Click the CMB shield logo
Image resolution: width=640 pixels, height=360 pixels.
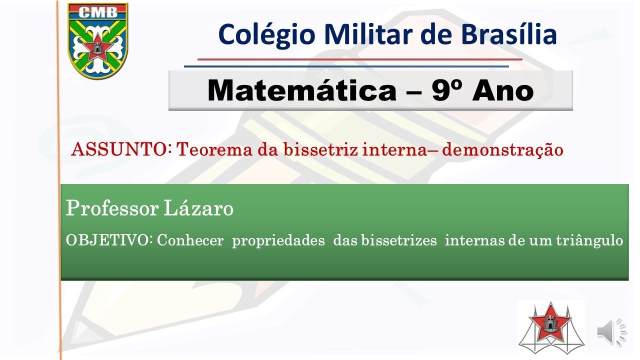[98, 41]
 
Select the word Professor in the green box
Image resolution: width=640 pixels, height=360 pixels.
[110, 208]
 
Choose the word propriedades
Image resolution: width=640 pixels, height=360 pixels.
[278, 241]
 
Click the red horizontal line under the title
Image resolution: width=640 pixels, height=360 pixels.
[360, 59]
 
